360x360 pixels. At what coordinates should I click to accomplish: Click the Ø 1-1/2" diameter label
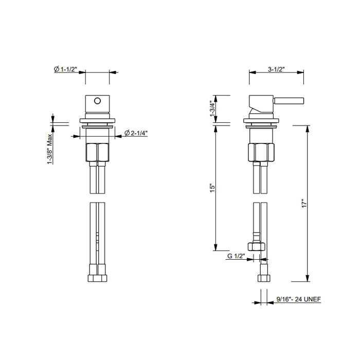pos(65,69)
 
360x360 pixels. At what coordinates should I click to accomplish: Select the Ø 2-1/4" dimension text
pos(136,133)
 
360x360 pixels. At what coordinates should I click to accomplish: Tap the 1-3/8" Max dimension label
pos(49,149)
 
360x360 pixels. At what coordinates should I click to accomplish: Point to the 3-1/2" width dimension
pos(276,69)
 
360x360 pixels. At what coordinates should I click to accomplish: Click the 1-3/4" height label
pos(212,109)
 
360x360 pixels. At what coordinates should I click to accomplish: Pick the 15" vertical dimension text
pos(212,188)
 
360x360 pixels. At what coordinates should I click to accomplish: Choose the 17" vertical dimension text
pos(304,204)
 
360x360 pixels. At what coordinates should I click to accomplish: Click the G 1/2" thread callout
pos(236,256)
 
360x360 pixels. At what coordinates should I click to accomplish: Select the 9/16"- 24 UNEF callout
pos(298,299)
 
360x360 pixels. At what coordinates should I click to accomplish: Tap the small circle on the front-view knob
pos(97,101)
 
